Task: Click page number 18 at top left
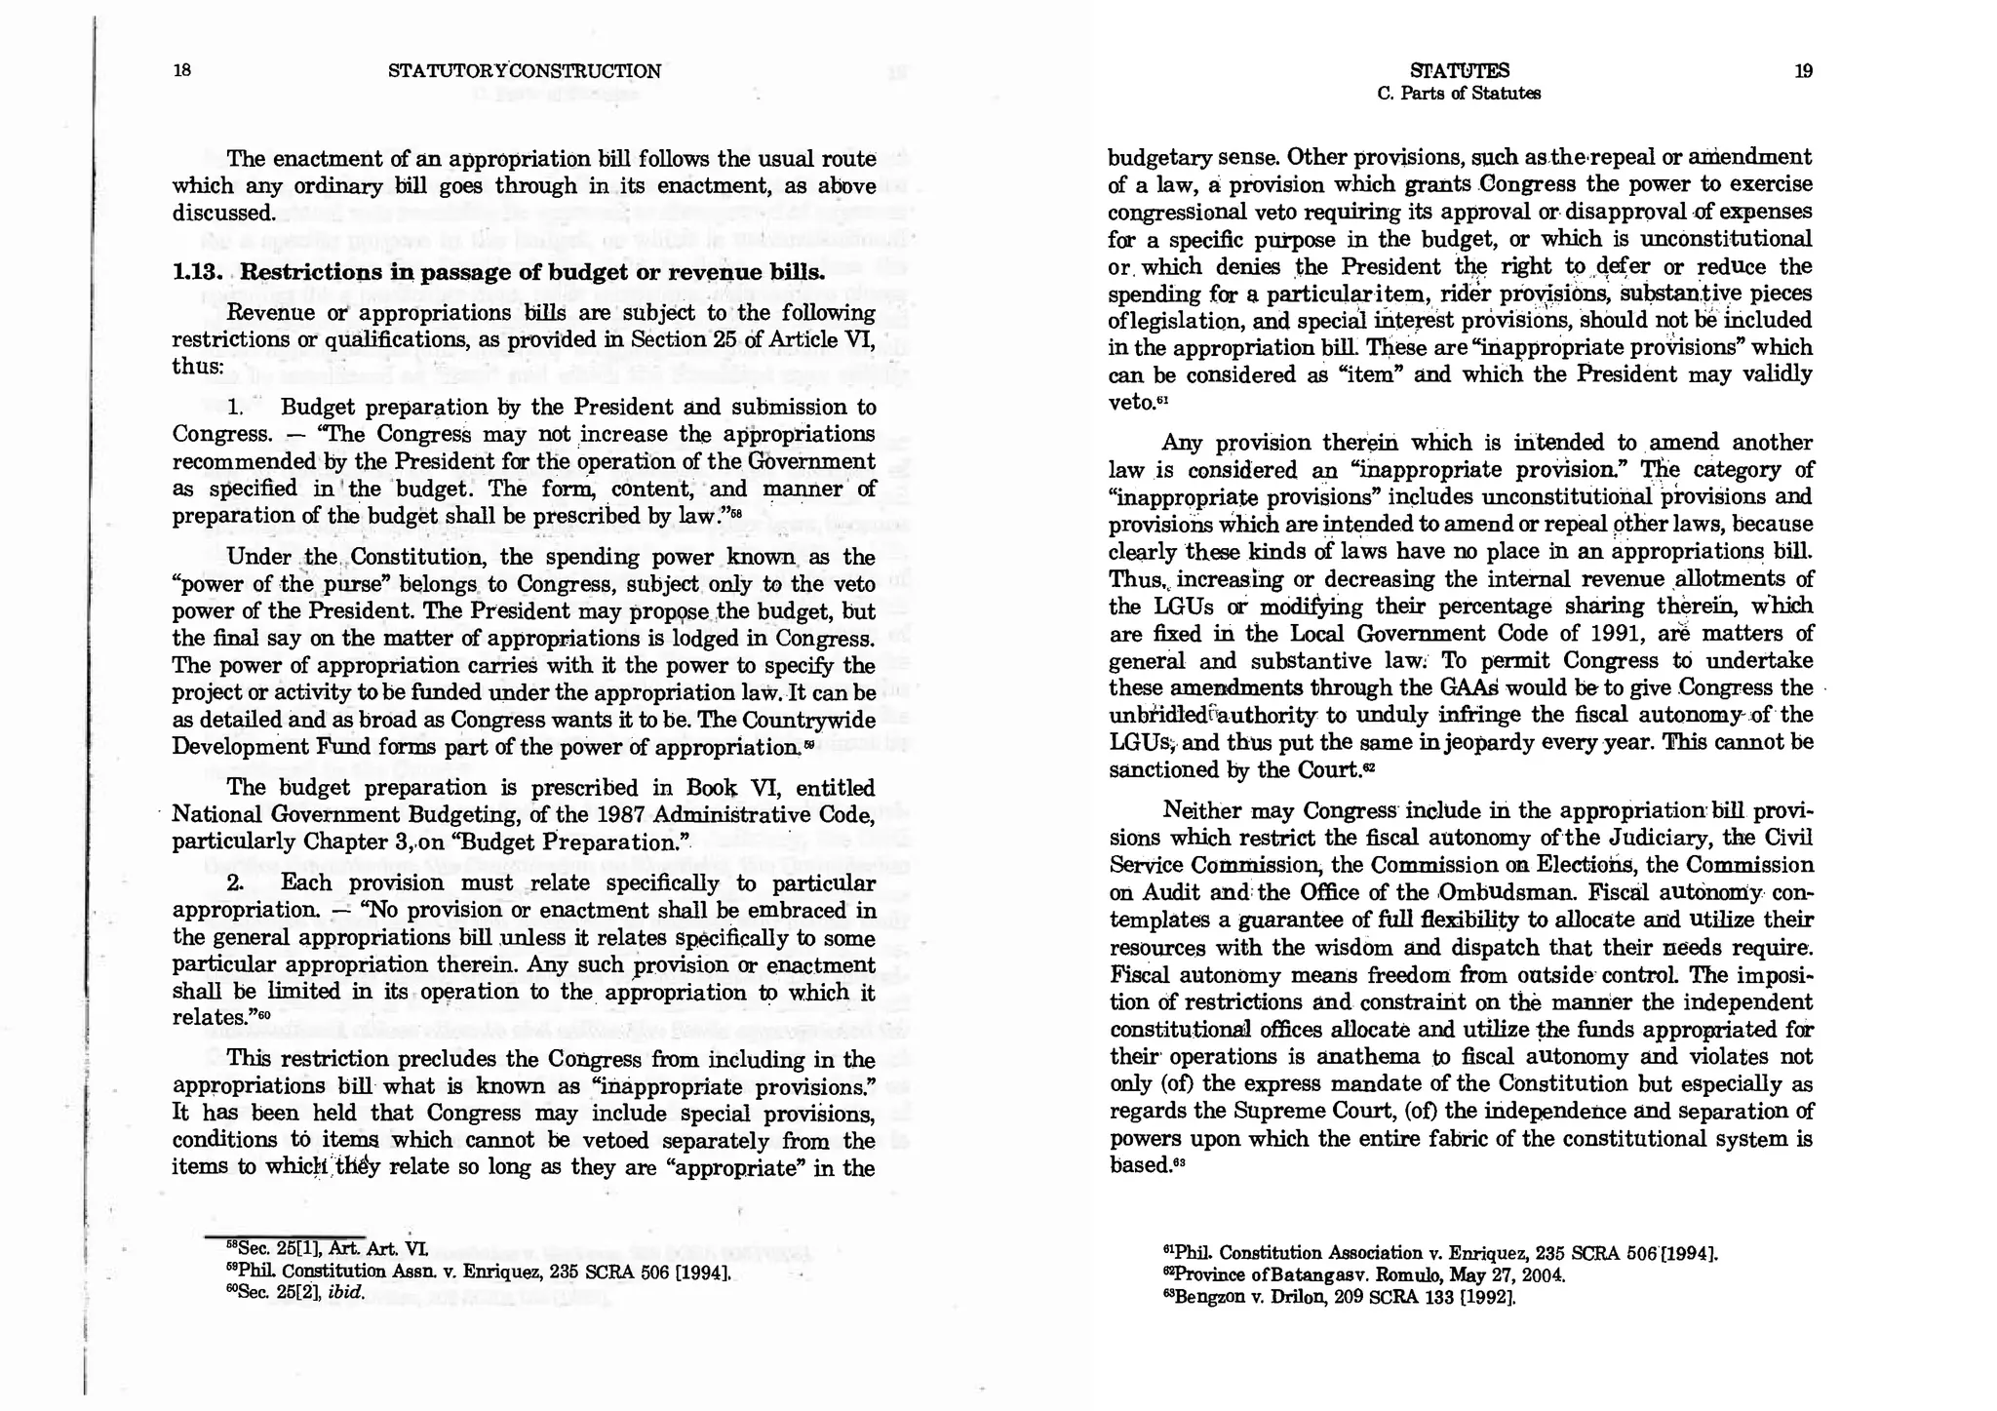[180, 70]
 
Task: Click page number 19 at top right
[1803, 70]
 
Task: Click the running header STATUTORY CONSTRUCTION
[525, 71]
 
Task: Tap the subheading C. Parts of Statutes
[1459, 94]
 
